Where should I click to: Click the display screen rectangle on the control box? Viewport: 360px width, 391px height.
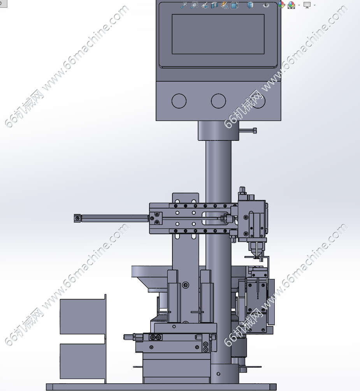click(x=218, y=34)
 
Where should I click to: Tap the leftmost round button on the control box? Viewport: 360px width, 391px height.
click(x=179, y=101)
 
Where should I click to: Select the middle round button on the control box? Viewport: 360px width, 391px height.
click(x=218, y=101)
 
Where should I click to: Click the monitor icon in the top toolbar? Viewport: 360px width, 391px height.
click(x=307, y=5)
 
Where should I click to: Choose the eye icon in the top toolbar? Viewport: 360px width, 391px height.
click(x=266, y=5)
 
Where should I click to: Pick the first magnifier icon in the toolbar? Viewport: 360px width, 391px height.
click(x=184, y=5)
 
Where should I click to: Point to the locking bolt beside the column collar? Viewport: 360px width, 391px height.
click(x=248, y=130)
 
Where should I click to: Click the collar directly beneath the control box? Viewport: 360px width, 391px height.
click(x=218, y=131)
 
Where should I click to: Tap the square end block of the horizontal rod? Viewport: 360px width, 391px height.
click(x=77, y=218)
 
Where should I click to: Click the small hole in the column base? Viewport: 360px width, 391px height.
click(x=219, y=374)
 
